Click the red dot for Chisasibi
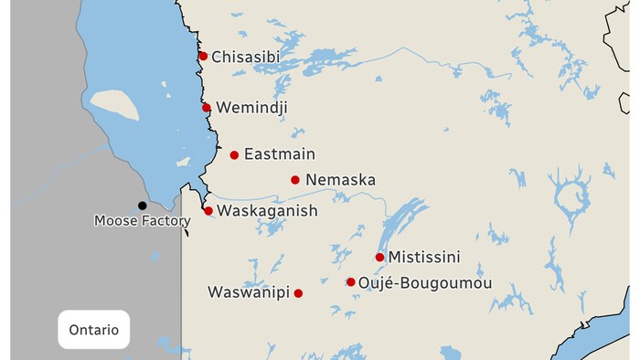(203, 57)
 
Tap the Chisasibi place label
(245, 58)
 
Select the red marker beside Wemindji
(207, 108)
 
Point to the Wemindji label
(251, 108)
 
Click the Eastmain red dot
(234, 155)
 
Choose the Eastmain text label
(279, 154)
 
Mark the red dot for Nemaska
(294, 180)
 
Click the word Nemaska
(340, 180)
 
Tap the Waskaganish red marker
(208, 211)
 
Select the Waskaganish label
(267, 211)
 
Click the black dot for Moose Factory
(142, 206)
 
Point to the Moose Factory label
(143, 221)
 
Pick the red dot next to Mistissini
(379, 258)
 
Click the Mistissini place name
(423, 258)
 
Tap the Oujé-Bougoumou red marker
(350, 282)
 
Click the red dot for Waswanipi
(298, 293)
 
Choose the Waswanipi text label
(249, 292)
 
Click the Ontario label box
(94, 330)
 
